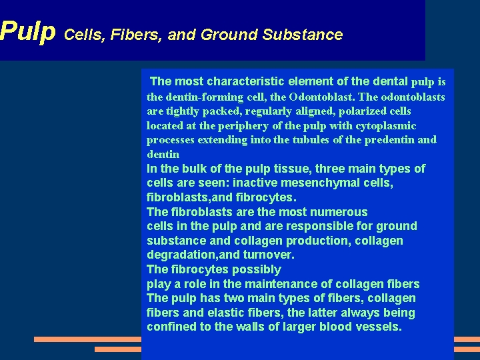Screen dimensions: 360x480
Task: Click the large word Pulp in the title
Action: [x=27, y=31]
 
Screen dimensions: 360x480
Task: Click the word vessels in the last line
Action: [x=379, y=327]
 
